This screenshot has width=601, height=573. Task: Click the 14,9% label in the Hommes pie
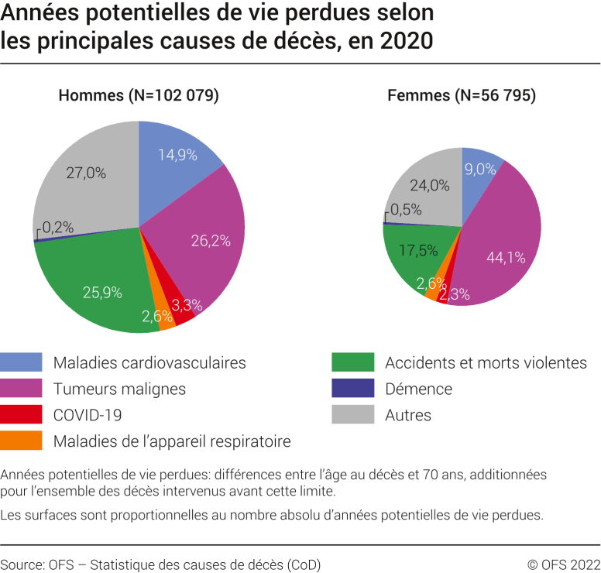[179, 154]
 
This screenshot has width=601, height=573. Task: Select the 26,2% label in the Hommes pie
[211, 241]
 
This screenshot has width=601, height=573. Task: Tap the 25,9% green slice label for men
[102, 292]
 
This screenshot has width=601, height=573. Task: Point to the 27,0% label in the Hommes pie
[86, 173]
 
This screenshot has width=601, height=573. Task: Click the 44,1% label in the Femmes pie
[500, 257]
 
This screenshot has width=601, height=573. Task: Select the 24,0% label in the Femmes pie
[429, 185]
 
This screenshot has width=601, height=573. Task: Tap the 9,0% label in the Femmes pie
[480, 168]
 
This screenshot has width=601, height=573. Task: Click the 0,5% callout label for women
[407, 209]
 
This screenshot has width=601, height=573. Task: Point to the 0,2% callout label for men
[58, 227]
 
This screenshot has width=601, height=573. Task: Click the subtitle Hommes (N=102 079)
[139, 96]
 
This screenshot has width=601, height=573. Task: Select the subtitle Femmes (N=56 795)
[462, 96]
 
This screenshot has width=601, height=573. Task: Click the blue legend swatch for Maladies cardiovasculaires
[21, 362]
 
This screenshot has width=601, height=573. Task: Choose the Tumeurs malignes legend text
[119, 389]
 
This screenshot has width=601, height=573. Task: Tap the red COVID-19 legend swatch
[21, 415]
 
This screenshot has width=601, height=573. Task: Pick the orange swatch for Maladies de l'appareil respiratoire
[21, 441]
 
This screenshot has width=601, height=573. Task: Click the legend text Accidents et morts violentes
[486, 362]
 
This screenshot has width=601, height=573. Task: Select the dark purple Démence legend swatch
[352, 389]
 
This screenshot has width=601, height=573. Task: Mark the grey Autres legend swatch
[352, 415]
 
